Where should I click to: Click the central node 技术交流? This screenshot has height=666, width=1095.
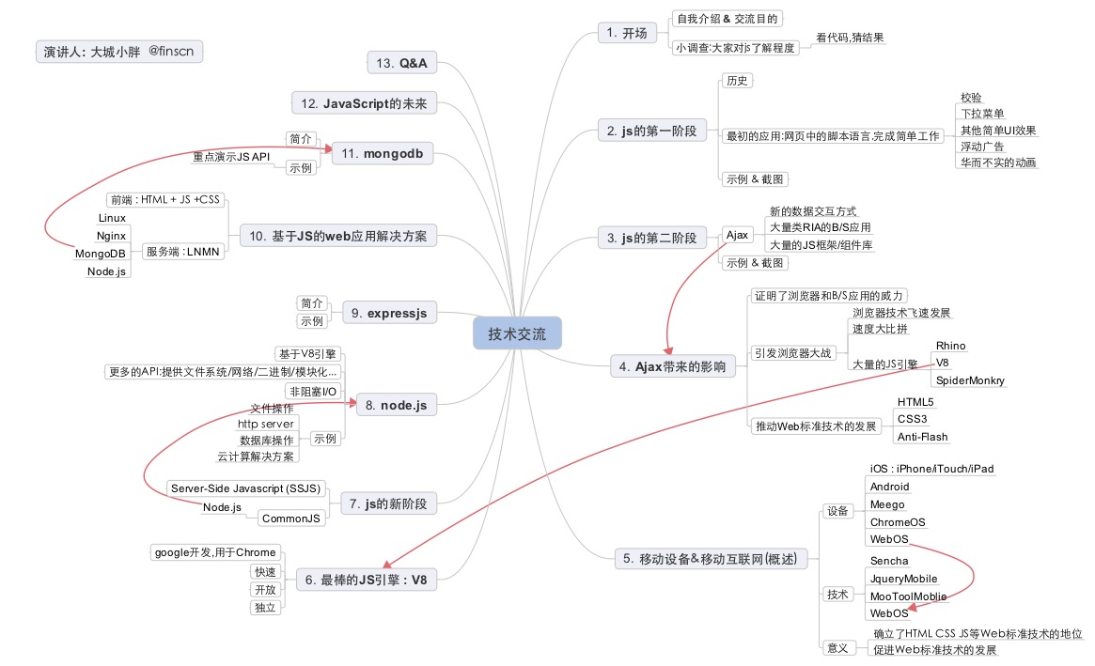coord(516,333)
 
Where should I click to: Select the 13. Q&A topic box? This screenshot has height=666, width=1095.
coord(401,63)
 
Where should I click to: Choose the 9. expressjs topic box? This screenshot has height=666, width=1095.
coord(389,313)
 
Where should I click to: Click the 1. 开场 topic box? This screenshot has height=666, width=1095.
coord(626,33)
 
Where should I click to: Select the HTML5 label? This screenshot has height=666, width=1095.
coord(915,402)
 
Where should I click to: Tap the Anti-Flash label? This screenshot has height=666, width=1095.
coord(922,437)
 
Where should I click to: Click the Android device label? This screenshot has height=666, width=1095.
coord(888,487)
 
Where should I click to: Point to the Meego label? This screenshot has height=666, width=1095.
coord(886,504)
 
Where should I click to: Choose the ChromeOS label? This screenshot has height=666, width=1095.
coord(897,521)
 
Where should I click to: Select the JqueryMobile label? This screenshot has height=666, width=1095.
coord(903,579)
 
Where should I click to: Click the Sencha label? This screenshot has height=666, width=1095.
coord(888,561)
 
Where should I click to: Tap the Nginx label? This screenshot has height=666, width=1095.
coord(112,235)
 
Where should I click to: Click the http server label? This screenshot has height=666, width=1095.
coord(266,424)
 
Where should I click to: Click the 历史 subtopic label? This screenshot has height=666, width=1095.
coord(737,81)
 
